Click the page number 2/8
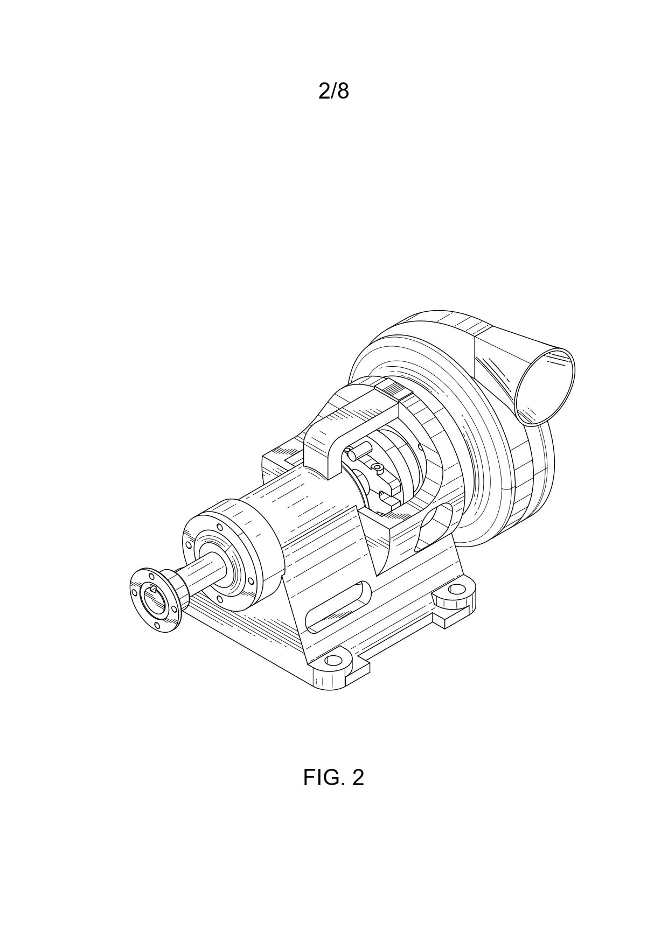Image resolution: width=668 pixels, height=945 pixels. [333, 92]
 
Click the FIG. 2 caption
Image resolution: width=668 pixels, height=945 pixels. [333, 777]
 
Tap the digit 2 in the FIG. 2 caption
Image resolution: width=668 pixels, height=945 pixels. [358, 777]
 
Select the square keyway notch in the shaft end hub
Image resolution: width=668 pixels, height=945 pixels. [154, 590]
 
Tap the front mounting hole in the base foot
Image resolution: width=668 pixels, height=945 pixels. [334, 660]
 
